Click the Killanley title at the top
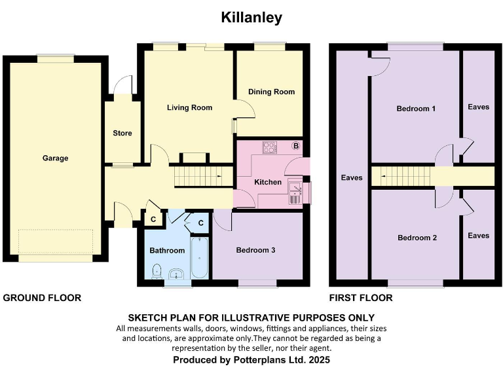(251, 18)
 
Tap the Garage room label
(56, 158)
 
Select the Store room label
(122, 133)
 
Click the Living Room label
(189, 107)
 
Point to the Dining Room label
(271, 92)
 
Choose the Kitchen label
(268, 182)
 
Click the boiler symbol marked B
(296, 146)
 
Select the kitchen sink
(296, 190)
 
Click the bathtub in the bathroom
(199, 259)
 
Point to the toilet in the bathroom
(157, 270)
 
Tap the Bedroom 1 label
(416, 109)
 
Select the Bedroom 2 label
(417, 238)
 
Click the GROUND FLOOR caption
(43, 298)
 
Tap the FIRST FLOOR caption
(362, 298)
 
